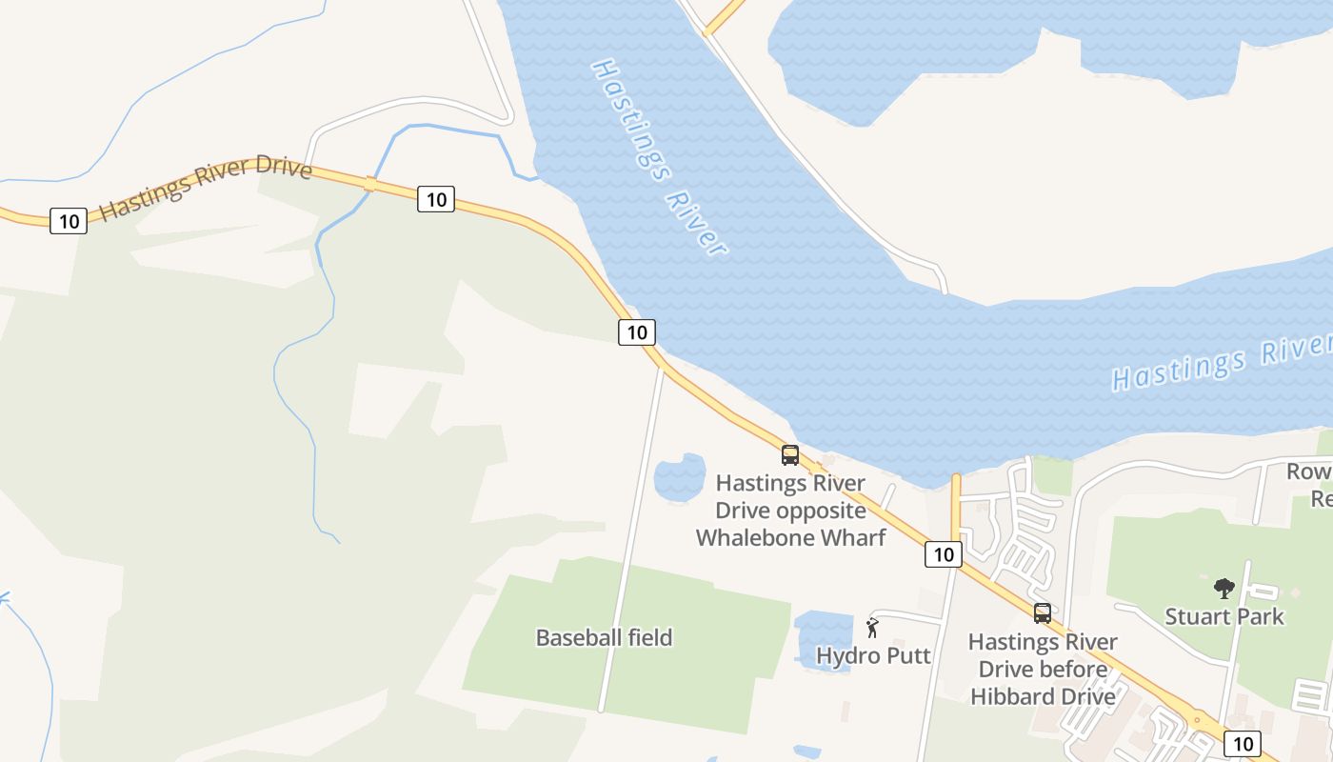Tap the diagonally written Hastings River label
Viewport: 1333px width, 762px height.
click(658, 158)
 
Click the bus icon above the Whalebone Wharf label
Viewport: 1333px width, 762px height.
click(790, 455)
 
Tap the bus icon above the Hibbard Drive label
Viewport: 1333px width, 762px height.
click(1043, 613)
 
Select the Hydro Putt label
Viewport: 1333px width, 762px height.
click(873, 655)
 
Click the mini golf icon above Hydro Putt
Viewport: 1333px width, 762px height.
click(872, 628)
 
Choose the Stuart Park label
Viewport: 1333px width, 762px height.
click(1224, 616)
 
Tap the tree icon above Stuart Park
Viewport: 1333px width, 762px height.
click(1224, 589)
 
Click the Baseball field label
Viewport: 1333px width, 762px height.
click(604, 637)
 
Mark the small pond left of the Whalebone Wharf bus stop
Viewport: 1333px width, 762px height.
click(679, 477)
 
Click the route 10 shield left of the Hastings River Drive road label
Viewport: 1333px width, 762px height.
click(69, 221)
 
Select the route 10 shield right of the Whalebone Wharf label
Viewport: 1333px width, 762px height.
click(943, 554)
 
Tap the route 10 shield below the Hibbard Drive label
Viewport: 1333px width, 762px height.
click(1242, 744)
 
